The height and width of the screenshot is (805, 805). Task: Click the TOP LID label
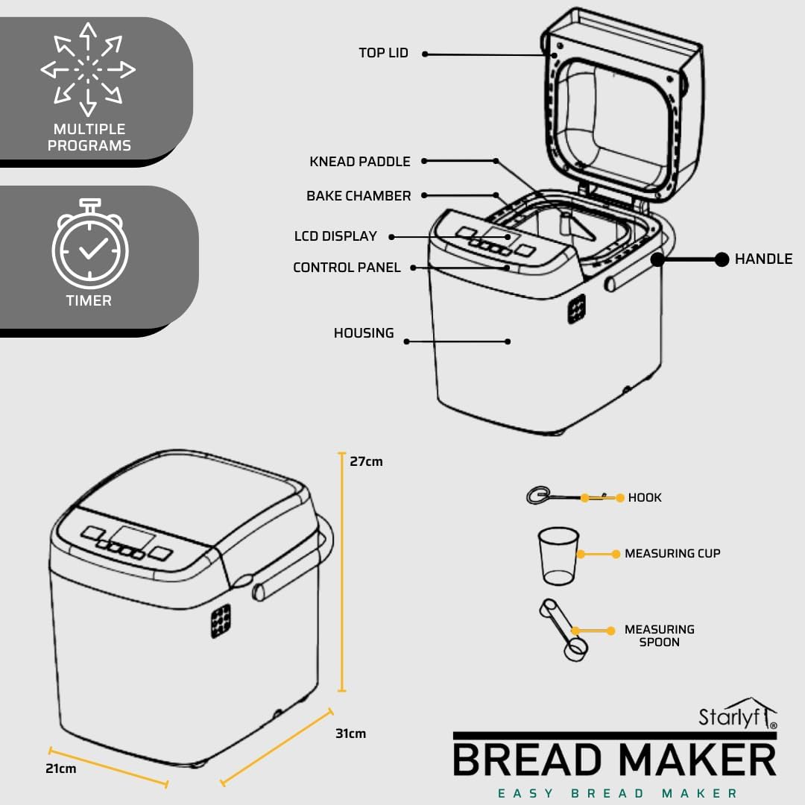384,53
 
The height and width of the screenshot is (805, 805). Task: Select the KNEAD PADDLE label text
360,162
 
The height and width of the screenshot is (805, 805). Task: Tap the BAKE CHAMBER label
359,196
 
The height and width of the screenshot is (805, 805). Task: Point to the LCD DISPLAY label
335,236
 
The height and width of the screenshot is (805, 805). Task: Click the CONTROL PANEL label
347,268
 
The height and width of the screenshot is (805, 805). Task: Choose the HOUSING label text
364,333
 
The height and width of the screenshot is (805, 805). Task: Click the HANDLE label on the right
763,259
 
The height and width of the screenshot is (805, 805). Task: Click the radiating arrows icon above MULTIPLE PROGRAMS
88,69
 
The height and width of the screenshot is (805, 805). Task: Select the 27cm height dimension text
366,461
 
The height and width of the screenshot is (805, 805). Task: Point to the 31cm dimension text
350,733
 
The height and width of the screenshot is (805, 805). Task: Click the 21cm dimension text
60,768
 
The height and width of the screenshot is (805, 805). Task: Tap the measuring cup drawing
558,556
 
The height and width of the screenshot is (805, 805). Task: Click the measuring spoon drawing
563,629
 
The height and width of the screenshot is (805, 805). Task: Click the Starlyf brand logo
738,713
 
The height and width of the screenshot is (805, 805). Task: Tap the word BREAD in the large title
527,760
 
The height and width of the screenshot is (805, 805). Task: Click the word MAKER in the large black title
697,760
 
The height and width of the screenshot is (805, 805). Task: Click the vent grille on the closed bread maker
221,621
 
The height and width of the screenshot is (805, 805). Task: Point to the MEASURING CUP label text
672,553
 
